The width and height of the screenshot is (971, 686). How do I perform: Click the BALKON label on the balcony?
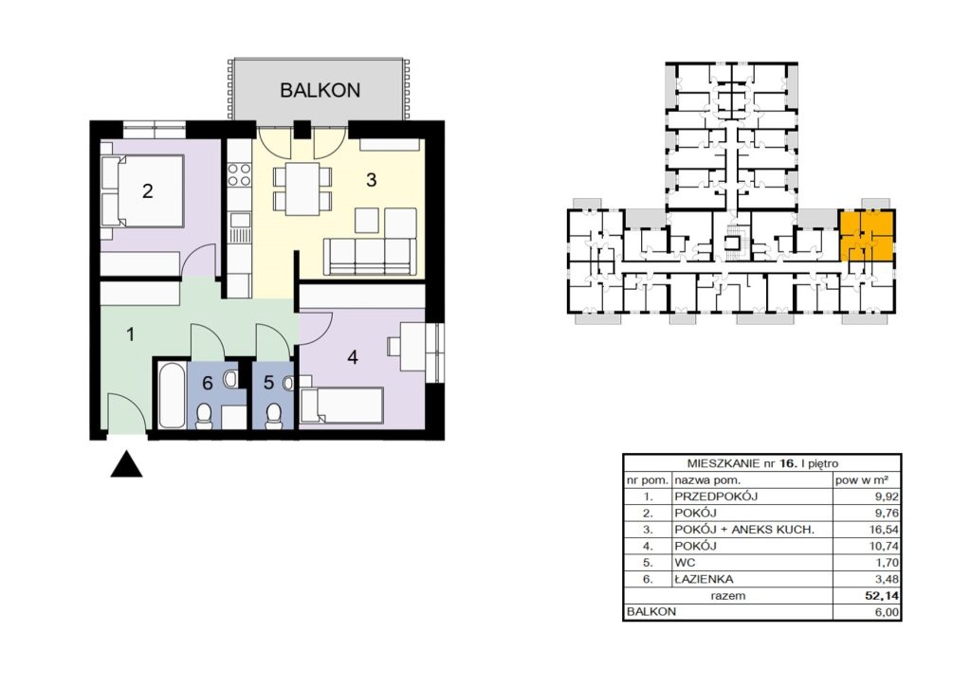click(320, 90)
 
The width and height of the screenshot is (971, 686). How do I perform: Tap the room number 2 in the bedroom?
click(147, 190)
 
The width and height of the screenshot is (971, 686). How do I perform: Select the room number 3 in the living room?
click(371, 180)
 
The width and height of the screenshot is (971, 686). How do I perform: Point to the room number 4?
click(353, 357)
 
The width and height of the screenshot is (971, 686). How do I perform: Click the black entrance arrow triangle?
click(126, 464)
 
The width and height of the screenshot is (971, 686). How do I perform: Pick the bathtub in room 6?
click(172, 395)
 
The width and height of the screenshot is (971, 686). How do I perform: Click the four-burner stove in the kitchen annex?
click(239, 173)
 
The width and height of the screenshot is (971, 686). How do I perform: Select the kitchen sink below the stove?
click(239, 220)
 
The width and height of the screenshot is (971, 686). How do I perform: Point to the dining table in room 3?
click(302, 188)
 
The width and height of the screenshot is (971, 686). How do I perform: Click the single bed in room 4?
click(340, 406)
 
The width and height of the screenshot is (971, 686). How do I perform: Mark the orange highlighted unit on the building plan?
click(867, 235)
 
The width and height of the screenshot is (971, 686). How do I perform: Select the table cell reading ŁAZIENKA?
click(704, 580)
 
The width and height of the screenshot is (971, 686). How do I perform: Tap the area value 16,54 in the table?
click(884, 530)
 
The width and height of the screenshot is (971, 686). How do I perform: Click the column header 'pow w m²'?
click(862, 480)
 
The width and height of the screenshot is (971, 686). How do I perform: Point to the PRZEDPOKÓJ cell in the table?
click(716, 496)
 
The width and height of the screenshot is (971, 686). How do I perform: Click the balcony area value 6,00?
click(887, 612)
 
